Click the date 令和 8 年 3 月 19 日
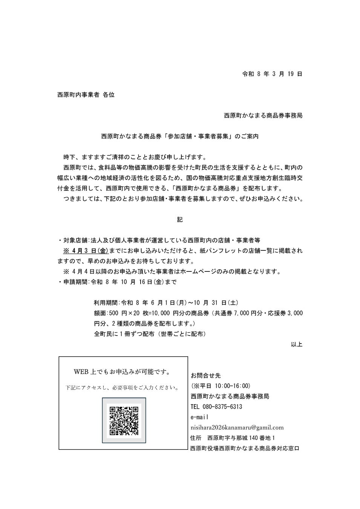click(x=272, y=74)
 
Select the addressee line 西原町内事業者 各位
click(x=86, y=95)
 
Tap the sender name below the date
click(x=263, y=115)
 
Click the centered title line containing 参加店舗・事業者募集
click(x=180, y=136)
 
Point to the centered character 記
click(x=180, y=219)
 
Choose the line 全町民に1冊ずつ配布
click(x=150, y=334)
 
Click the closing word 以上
click(x=297, y=344)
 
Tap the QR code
click(x=124, y=420)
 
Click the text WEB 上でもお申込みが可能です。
click(x=122, y=372)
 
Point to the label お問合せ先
click(x=206, y=376)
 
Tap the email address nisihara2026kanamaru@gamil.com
click(x=237, y=428)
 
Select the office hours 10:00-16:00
click(x=232, y=386)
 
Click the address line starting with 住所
click(x=233, y=438)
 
